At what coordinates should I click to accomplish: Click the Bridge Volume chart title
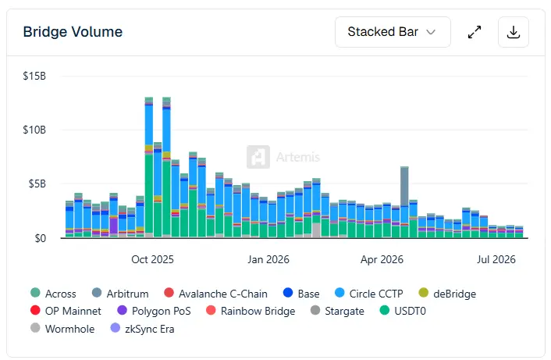point(73,32)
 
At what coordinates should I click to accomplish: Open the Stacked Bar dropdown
point(393,32)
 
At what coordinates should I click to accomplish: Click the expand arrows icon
point(475,32)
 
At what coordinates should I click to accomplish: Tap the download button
point(514,32)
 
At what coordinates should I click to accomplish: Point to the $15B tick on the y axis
point(34,76)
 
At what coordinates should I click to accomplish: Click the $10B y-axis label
point(34,130)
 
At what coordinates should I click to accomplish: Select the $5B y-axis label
point(37,184)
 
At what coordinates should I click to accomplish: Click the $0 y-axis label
point(41,238)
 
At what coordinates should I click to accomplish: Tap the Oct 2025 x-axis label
point(152,259)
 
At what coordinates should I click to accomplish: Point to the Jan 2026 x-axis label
point(268,259)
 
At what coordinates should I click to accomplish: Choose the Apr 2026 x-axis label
point(382,259)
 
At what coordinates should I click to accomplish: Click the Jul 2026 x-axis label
point(496,259)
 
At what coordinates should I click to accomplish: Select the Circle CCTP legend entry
point(369,294)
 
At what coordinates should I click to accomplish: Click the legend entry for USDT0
point(403,311)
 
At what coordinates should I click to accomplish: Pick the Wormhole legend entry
point(62,329)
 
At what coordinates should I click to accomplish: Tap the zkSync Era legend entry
point(142,329)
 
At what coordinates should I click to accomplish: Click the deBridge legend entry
point(447,294)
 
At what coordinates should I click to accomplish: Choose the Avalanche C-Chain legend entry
point(215,294)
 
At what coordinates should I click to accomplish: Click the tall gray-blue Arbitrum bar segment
point(404,187)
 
